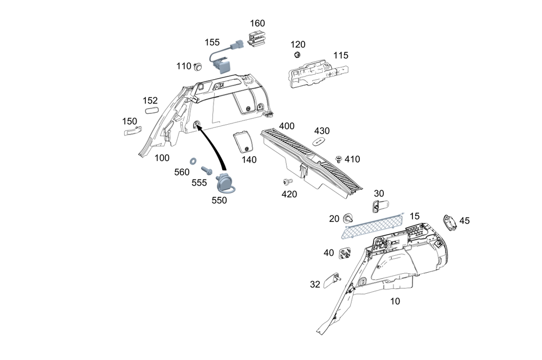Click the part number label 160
point(257,23)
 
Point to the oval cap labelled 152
point(151,110)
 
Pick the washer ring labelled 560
point(193,162)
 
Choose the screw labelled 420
point(287,181)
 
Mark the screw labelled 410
point(339,158)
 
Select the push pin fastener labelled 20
point(349,218)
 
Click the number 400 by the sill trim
point(287,126)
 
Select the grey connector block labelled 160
point(255,40)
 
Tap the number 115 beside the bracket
point(341,55)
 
